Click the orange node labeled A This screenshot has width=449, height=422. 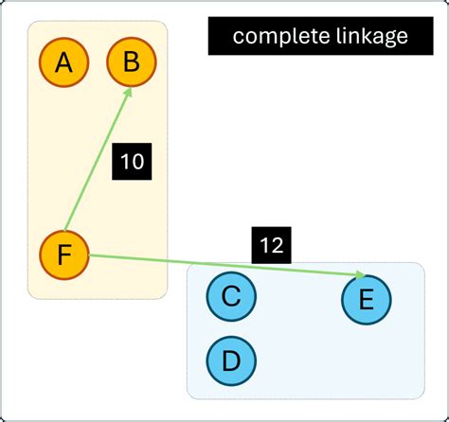[63, 63]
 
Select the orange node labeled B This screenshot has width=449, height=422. [132, 63]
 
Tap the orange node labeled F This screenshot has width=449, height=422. [63, 255]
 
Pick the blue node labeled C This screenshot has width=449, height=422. [231, 297]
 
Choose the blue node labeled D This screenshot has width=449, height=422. [231, 360]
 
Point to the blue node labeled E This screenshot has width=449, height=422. [366, 300]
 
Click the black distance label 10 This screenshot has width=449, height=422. [133, 162]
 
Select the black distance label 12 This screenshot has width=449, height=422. [271, 245]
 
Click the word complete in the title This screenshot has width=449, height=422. [275, 37]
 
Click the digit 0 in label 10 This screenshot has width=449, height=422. [138, 162]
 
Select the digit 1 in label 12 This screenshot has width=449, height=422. [264, 245]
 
